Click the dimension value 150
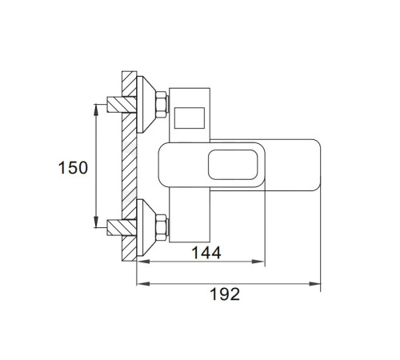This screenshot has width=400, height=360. [73, 168]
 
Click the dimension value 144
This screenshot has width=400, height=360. [206, 253]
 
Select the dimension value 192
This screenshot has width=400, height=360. [225, 294]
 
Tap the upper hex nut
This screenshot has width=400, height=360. [162, 105]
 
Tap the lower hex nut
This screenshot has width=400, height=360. [162, 227]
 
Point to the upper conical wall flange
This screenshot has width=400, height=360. [146, 105]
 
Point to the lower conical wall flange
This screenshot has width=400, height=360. [146, 227]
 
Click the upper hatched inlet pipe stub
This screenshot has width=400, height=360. [122, 105]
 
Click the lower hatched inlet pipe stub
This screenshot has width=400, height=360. [122, 227]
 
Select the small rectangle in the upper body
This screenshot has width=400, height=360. [190, 118]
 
